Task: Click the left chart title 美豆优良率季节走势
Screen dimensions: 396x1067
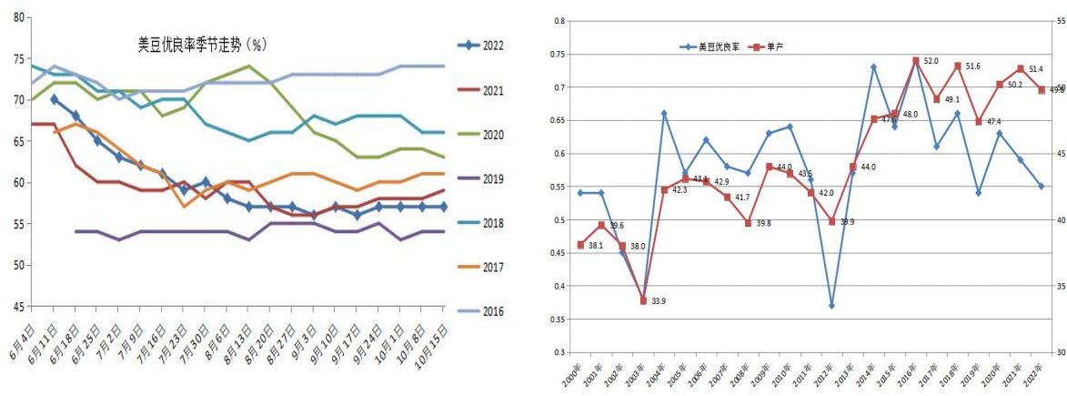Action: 199,44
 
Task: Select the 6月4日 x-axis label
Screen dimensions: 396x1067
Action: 20,338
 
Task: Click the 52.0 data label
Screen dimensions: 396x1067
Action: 931,61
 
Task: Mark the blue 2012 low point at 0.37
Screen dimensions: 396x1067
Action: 831,306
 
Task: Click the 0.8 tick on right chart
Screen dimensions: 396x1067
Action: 559,21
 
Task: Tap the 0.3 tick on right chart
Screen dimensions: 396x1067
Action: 559,352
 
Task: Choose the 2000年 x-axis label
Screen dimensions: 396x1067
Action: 573,375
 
